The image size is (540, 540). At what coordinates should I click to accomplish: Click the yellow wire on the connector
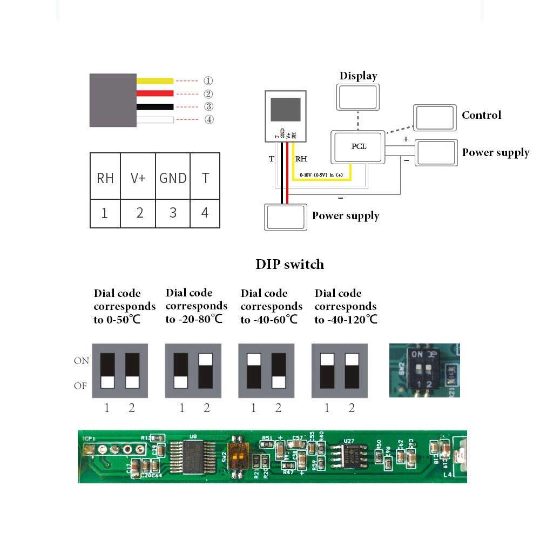click(154, 81)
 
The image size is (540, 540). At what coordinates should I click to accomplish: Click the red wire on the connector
click(154, 93)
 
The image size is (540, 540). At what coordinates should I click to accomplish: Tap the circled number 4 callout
click(209, 119)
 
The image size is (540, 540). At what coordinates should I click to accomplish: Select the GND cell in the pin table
click(173, 178)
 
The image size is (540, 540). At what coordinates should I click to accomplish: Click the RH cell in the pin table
click(105, 178)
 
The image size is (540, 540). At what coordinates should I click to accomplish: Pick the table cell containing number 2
click(139, 213)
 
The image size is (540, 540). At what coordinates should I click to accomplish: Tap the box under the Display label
click(358, 98)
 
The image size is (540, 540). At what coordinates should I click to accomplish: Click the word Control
click(481, 115)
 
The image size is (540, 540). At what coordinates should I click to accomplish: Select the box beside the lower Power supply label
click(286, 217)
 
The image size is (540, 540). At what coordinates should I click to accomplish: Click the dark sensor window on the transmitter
click(285, 109)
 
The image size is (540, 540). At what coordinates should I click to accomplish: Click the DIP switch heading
click(289, 265)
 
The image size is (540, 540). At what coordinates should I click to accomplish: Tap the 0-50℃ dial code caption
click(124, 306)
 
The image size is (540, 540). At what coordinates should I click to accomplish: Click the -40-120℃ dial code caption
click(346, 306)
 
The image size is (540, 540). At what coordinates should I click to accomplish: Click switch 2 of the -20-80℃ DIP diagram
click(205, 370)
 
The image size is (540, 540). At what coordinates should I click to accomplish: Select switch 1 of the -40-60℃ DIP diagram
click(253, 370)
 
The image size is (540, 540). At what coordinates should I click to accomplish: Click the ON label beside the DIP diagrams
click(81, 361)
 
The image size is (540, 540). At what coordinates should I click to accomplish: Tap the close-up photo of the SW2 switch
click(424, 370)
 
